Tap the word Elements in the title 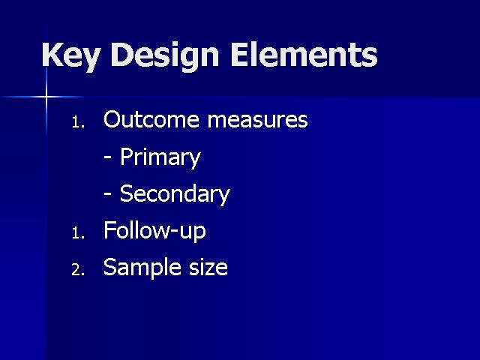304,55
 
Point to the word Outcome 151,118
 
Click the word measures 257,120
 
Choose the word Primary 160,157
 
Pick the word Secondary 175,193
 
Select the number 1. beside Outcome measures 78,122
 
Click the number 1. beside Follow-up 78,233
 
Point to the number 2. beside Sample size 78,270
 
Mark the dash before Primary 107,157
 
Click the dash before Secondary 107,194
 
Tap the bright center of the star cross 46,97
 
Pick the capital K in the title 53,55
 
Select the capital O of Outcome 112,118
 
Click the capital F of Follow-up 109,229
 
